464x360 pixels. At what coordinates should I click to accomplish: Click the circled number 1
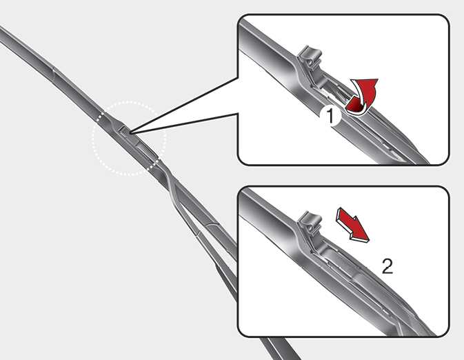330,116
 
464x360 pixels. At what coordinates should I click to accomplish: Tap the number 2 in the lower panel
387,266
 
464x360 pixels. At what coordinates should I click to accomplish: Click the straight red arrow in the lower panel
352,225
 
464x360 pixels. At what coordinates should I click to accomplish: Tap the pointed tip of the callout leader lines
130,132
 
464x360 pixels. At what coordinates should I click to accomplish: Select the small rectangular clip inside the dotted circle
124,130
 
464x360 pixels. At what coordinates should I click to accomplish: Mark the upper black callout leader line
183,105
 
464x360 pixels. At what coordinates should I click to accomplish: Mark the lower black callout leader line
184,123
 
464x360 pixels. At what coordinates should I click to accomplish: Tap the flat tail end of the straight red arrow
339,213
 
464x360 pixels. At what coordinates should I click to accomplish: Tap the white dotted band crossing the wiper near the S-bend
153,163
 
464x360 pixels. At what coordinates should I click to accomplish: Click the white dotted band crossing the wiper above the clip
101,117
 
